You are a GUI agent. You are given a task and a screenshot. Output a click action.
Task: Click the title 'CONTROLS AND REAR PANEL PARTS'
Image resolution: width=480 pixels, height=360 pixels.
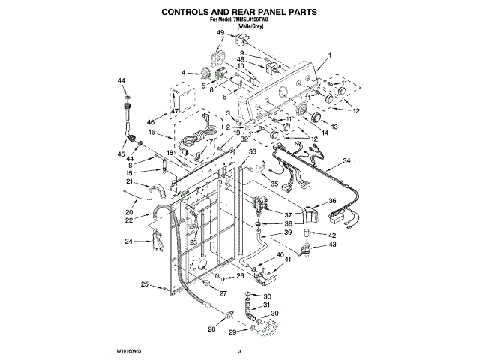(x=240, y=13)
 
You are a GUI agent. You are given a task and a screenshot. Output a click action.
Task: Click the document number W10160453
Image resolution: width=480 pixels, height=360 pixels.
(x=132, y=351)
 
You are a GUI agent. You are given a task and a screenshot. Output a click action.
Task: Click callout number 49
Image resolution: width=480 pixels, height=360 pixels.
(x=220, y=33)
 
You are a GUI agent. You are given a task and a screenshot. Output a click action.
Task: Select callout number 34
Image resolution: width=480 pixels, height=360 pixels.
(x=346, y=161)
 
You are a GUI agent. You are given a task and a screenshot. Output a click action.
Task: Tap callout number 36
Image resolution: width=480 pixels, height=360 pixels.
(x=332, y=201)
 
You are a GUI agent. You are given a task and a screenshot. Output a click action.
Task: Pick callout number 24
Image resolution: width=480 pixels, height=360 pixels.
(x=129, y=241)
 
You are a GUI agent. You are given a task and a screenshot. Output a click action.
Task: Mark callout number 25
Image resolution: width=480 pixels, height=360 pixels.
(x=145, y=283)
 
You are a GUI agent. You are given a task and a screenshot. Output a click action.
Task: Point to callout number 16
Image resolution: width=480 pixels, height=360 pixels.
(x=151, y=132)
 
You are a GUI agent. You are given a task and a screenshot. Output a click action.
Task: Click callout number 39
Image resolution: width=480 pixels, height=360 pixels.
(x=288, y=233)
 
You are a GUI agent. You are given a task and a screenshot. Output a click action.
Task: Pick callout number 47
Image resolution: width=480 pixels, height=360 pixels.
(x=174, y=111)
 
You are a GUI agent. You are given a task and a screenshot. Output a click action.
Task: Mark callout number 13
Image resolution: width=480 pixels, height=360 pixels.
(x=335, y=127)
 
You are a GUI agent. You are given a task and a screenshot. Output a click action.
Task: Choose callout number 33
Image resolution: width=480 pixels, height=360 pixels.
(x=252, y=151)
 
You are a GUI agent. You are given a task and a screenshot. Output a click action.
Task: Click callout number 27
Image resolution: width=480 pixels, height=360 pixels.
(x=223, y=292)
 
